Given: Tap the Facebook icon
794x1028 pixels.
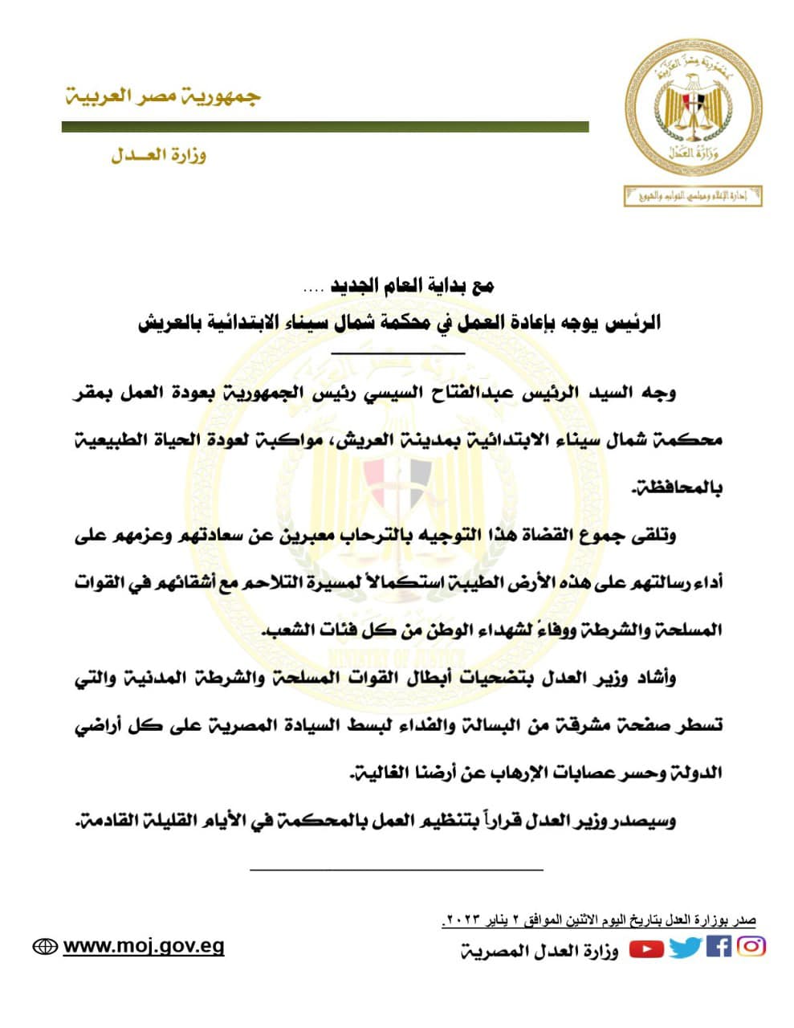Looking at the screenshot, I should point(719,947).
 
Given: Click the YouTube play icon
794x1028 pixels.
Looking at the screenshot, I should point(646,949).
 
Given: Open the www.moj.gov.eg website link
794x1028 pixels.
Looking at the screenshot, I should point(144,946).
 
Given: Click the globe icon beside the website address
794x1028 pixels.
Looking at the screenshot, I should point(45,947).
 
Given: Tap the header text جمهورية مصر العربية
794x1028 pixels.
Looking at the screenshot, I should point(163,96).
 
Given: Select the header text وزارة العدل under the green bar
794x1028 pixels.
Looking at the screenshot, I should point(158,155).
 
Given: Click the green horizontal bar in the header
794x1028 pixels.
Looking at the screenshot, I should point(325,127).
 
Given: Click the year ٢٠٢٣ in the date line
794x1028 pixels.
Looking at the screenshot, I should point(462,920).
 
